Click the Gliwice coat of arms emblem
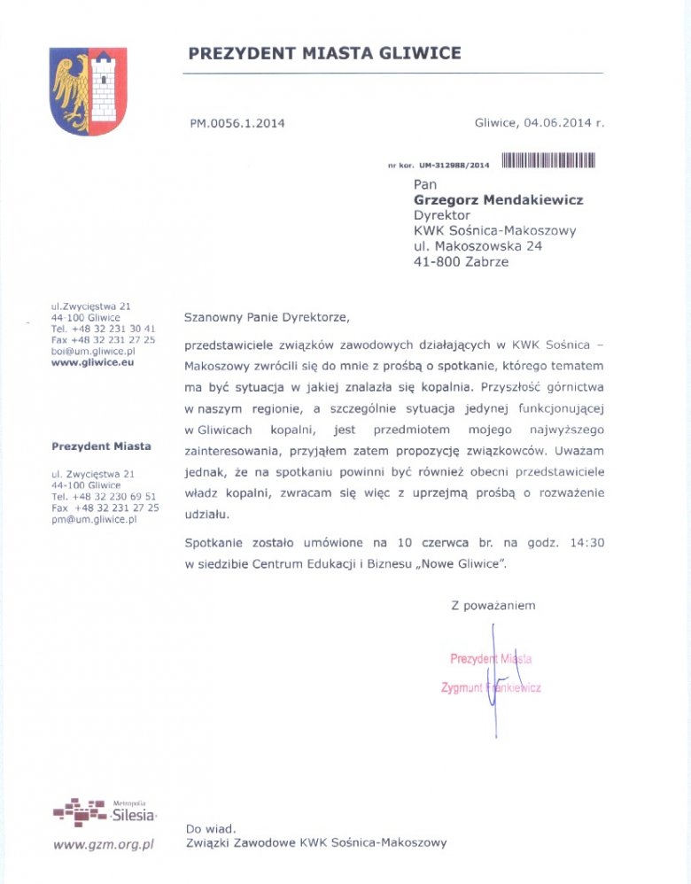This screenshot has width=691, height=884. (x=89, y=91)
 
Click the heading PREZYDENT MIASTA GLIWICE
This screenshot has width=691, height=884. (x=324, y=53)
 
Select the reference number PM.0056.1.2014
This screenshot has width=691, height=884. (x=237, y=124)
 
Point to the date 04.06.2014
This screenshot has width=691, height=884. (x=557, y=123)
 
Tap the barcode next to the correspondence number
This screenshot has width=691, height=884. (x=547, y=160)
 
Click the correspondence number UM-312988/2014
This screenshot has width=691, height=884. (x=454, y=166)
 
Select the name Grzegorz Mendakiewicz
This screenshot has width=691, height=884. (x=499, y=200)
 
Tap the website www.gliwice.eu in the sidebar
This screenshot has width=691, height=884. (x=92, y=362)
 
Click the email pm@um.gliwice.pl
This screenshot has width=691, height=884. (x=95, y=520)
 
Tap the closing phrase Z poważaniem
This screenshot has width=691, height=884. (x=493, y=606)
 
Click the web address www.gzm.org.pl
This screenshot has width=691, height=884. (x=104, y=844)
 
